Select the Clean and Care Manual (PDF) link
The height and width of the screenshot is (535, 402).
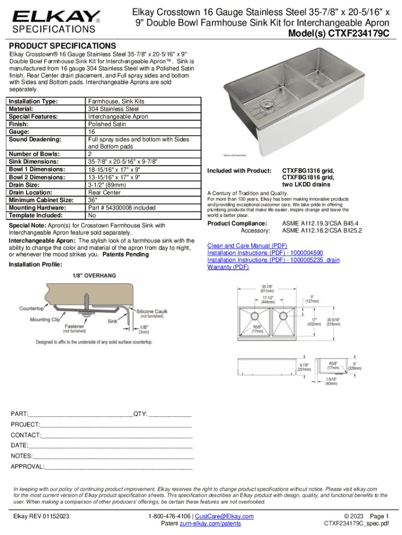pyautogui.click(x=247, y=245)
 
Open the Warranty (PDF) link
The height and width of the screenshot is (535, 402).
pyautogui.click(x=228, y=267)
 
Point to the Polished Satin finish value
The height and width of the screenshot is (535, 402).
pyautogui.click(x=110, y=124)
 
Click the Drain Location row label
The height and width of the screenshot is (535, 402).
pyautogui.click(x=32, y=192)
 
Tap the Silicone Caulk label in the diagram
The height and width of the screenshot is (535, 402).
pyautogui.click(x=155, y=310)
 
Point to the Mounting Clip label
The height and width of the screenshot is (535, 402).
pyautogui.click(x=47, y=319)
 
